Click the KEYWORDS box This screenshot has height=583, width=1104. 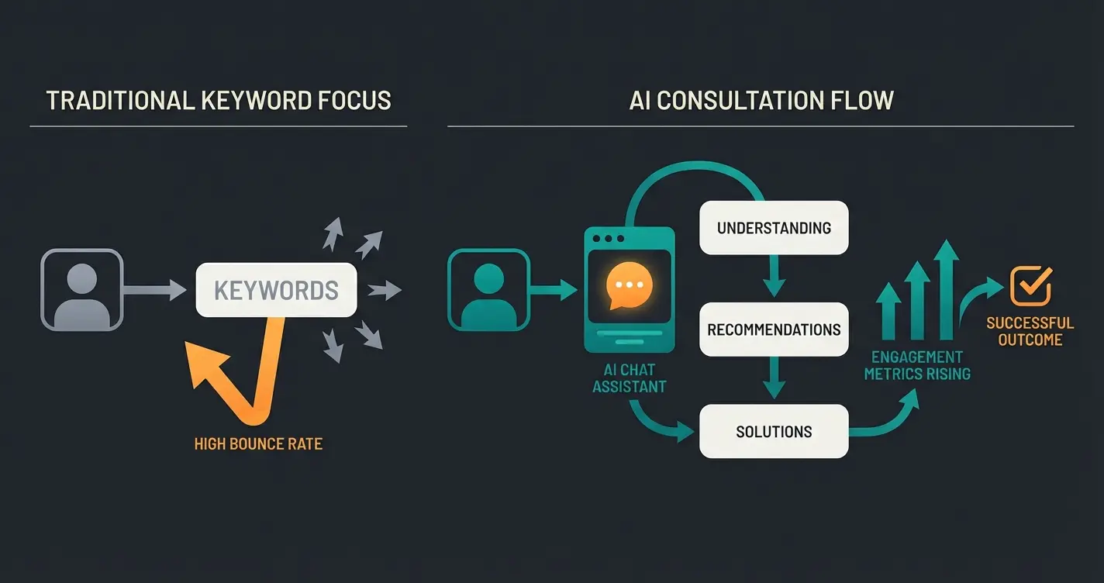pos(276,290)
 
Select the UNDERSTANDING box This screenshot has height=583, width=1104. pos(774,228)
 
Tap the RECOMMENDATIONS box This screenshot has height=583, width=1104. pos(774,329)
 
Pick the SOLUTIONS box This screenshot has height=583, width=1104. pos(774,431)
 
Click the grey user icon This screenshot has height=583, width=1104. pos(81,290)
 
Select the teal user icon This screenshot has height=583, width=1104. pos(488,290)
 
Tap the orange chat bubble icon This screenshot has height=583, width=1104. pos(629,285)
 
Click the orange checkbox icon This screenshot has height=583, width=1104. pos(1030,285)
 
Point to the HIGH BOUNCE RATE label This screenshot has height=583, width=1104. pos(258,444)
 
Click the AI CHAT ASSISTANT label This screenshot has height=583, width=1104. pos(629,378)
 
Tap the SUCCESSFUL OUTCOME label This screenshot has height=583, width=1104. pos(1030,331)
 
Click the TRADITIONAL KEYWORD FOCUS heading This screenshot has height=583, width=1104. pos(219,101)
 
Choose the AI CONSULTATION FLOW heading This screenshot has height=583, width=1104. pos(761,101)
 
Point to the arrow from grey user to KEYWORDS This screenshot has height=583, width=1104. pos(155,291)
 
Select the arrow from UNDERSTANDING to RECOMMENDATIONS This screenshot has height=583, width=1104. pos(773,277)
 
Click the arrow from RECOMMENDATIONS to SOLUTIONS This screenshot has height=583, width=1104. pos(773,379)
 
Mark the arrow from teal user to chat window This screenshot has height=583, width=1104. pos(554,291)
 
